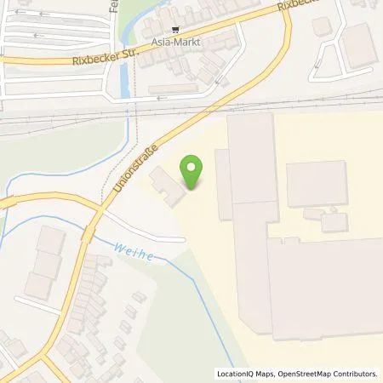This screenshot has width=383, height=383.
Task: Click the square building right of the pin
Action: [316, 183]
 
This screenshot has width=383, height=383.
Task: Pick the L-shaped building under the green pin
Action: [168, 186]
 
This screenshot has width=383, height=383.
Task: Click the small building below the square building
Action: [334, 222]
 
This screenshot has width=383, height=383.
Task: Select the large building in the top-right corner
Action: [359, 44]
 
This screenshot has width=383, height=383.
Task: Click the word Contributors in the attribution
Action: [355, 374]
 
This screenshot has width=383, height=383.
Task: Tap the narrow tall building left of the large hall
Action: [223, 184]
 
